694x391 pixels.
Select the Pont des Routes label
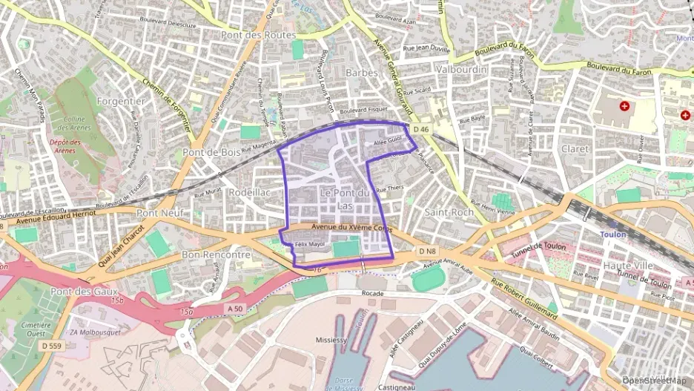(x=259, y=35)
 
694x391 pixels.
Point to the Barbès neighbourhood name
(x=362, y=73)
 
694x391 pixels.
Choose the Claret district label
(x=575, y=149)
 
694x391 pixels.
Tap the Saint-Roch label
(x=449, y=211)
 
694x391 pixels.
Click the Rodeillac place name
(x=250, y=191)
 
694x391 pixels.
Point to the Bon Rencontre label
(x=216, y=254)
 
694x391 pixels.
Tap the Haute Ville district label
(x=628, y=265)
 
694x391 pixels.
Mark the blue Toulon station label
(x=613, y=234)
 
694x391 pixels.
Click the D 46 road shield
(x=421, y=129)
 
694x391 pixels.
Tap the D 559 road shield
(x=51, y=346)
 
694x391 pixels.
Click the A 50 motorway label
(x=236, y=308)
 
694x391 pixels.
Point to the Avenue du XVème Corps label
(x=351, y=228)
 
